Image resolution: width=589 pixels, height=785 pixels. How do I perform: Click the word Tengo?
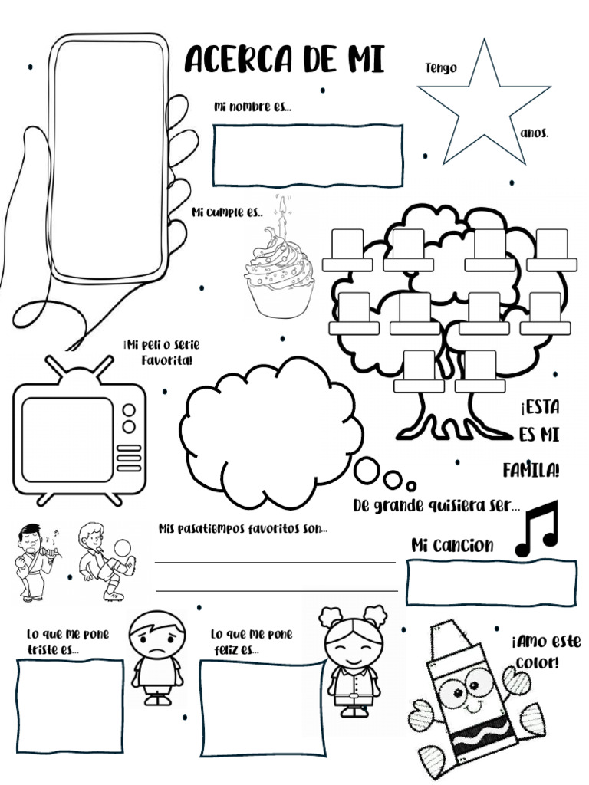(441, 68)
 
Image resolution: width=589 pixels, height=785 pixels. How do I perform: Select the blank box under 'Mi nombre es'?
(308, 156)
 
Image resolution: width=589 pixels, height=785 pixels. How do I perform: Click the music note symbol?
(537, 528)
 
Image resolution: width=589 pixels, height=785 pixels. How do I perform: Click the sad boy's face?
(156, 638)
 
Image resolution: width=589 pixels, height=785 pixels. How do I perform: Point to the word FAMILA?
(531, 469)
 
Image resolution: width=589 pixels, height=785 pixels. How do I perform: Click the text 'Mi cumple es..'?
(227, 212)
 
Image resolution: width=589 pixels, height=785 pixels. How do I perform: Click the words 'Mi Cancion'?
(452, 545)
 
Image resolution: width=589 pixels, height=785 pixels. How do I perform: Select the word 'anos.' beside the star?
(535, 133)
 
